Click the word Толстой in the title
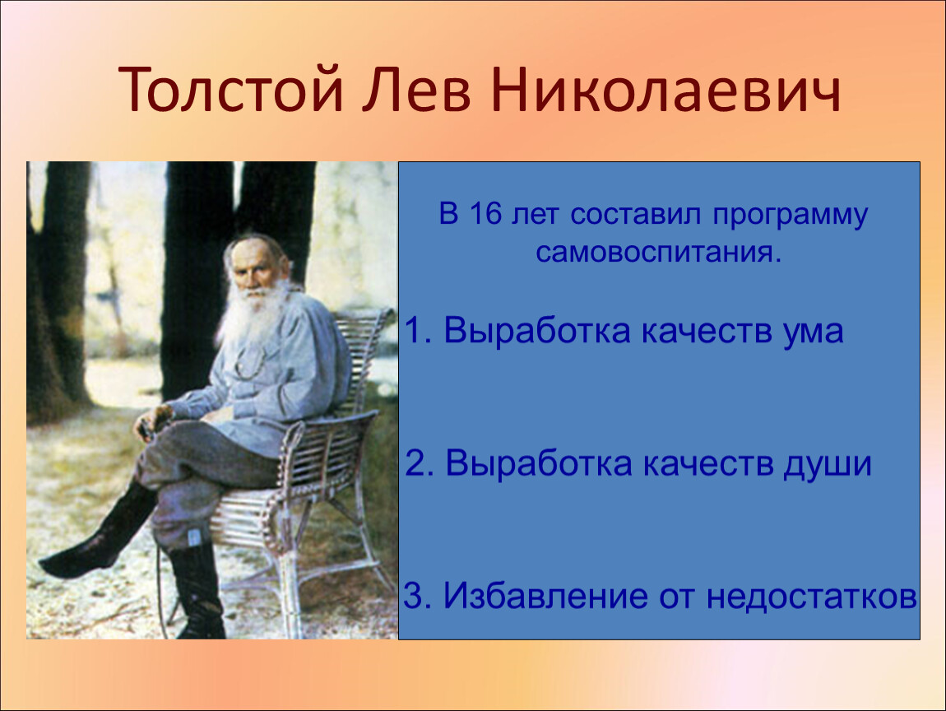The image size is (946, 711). (231, 89)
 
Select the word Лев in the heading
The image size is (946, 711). (416, 91)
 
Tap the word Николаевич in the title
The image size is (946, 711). (665, 90)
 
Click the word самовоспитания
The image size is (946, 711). (658, 253)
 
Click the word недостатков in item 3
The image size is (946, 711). (811, 597)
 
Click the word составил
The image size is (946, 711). (636, 215)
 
